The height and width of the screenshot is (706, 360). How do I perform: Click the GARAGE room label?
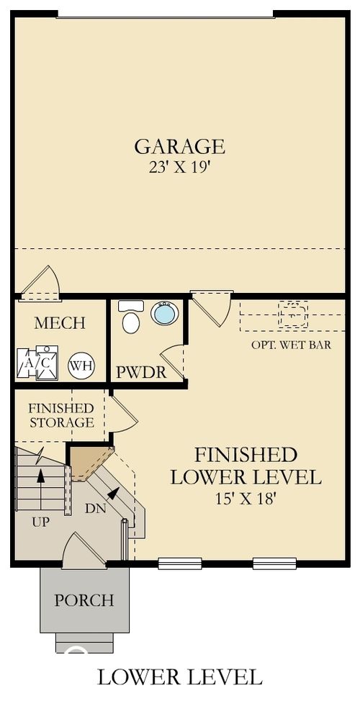[179, 146]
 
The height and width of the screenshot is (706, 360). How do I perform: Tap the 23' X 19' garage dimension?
[179, 171]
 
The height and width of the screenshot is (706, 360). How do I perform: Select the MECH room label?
[60, 323]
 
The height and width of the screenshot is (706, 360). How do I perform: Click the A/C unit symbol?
[37, 362]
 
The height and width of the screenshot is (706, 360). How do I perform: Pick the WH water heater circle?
[81, 366]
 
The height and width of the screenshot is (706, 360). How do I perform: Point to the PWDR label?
[142, 373]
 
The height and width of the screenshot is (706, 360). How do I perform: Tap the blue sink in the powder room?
[164, 313]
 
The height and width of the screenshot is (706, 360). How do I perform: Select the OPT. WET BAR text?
[291, 345]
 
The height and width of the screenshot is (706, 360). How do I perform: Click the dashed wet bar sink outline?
[293, 314]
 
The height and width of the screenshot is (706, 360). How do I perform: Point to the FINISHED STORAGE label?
[60, 415]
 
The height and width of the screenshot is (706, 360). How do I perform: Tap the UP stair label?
[40, 521]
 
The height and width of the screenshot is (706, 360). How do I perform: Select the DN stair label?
[96, 508]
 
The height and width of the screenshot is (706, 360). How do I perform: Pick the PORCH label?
[84, 599]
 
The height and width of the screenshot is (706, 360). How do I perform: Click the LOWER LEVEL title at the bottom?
[179, 676]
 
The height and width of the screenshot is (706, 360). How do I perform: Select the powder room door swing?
[172, 361]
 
